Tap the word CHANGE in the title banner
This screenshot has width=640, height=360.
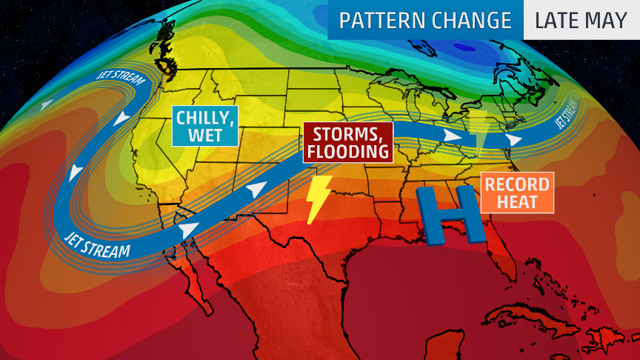tap(472, 21)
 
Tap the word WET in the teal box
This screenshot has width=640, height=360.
tap(205, 136)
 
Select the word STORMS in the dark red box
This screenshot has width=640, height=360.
tap(347, 135)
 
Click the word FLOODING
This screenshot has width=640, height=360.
tap(347, 152)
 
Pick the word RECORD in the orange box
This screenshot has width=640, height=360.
tap(518, 184)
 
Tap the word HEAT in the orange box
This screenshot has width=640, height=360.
tap(518, 201)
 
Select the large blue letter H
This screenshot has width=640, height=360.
tap(451, 215)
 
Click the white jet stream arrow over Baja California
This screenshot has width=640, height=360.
tap(188, 230)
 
